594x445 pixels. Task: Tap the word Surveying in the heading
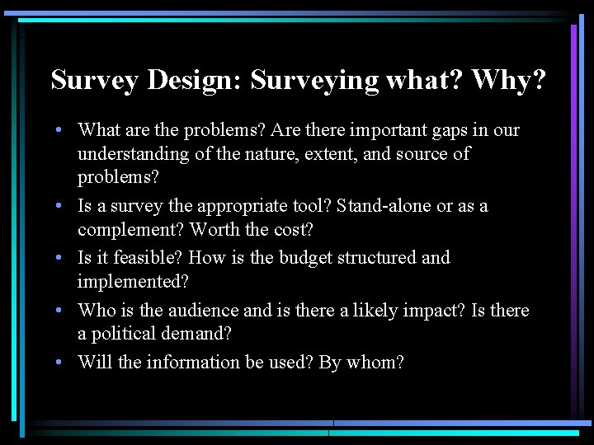click(314, 81)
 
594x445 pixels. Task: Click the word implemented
click(133, 281)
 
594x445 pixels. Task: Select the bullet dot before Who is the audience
click(62, 311)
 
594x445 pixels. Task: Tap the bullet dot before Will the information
click(62, 363)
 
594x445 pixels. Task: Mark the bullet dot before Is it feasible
click(62, 258)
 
